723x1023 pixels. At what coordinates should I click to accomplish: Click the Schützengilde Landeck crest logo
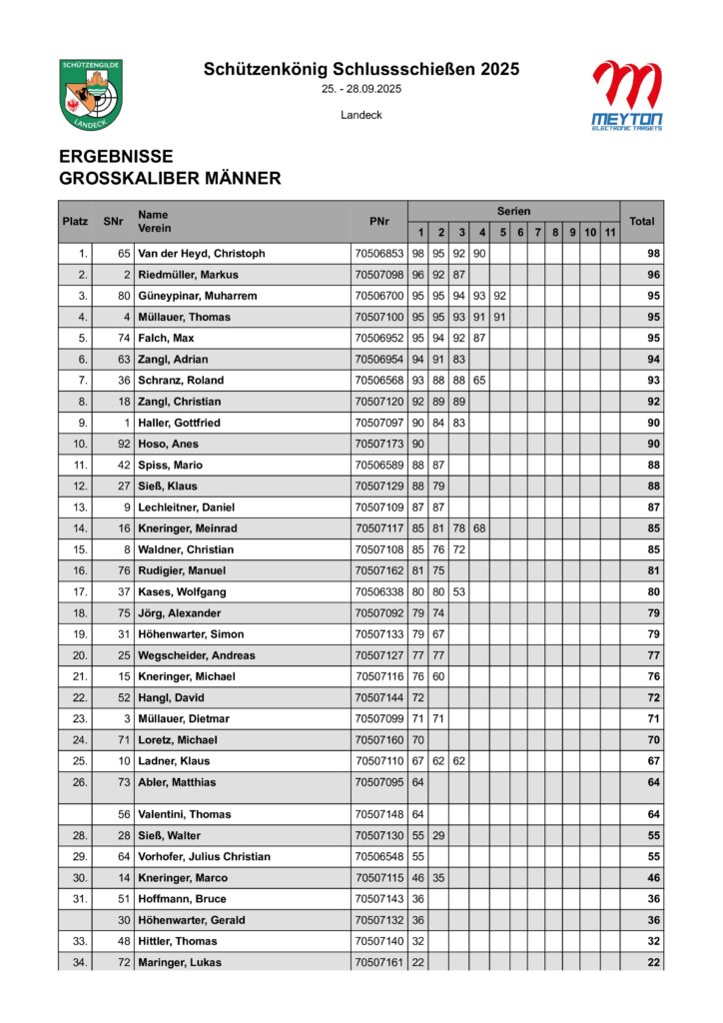pos(91,94)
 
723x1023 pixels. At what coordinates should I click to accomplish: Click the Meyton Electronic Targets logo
pos(626,95)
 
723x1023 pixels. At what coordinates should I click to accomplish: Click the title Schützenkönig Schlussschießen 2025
pos(361,69)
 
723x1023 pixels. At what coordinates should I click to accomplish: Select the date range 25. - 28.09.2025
pos(361,90)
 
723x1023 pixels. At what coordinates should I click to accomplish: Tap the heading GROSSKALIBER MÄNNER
pos(170,179)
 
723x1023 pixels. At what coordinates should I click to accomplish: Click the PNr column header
pos(378,221)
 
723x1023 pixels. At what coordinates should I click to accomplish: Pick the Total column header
pos(641,221)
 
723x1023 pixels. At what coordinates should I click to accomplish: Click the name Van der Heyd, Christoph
pos(202,254)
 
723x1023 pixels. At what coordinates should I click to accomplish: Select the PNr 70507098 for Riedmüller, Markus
pos(378,275)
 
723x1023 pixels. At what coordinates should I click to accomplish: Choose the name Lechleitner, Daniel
pos(187,508)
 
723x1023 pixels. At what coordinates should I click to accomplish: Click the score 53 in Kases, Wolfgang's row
pos(460,592)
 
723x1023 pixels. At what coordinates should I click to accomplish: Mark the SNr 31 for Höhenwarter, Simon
pos(125,634)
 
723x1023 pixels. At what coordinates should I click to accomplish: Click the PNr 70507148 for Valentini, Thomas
pos(378,814)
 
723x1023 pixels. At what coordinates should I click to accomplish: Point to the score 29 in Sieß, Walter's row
pos(440,835)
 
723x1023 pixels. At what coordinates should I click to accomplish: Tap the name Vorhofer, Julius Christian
pos(205,857)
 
